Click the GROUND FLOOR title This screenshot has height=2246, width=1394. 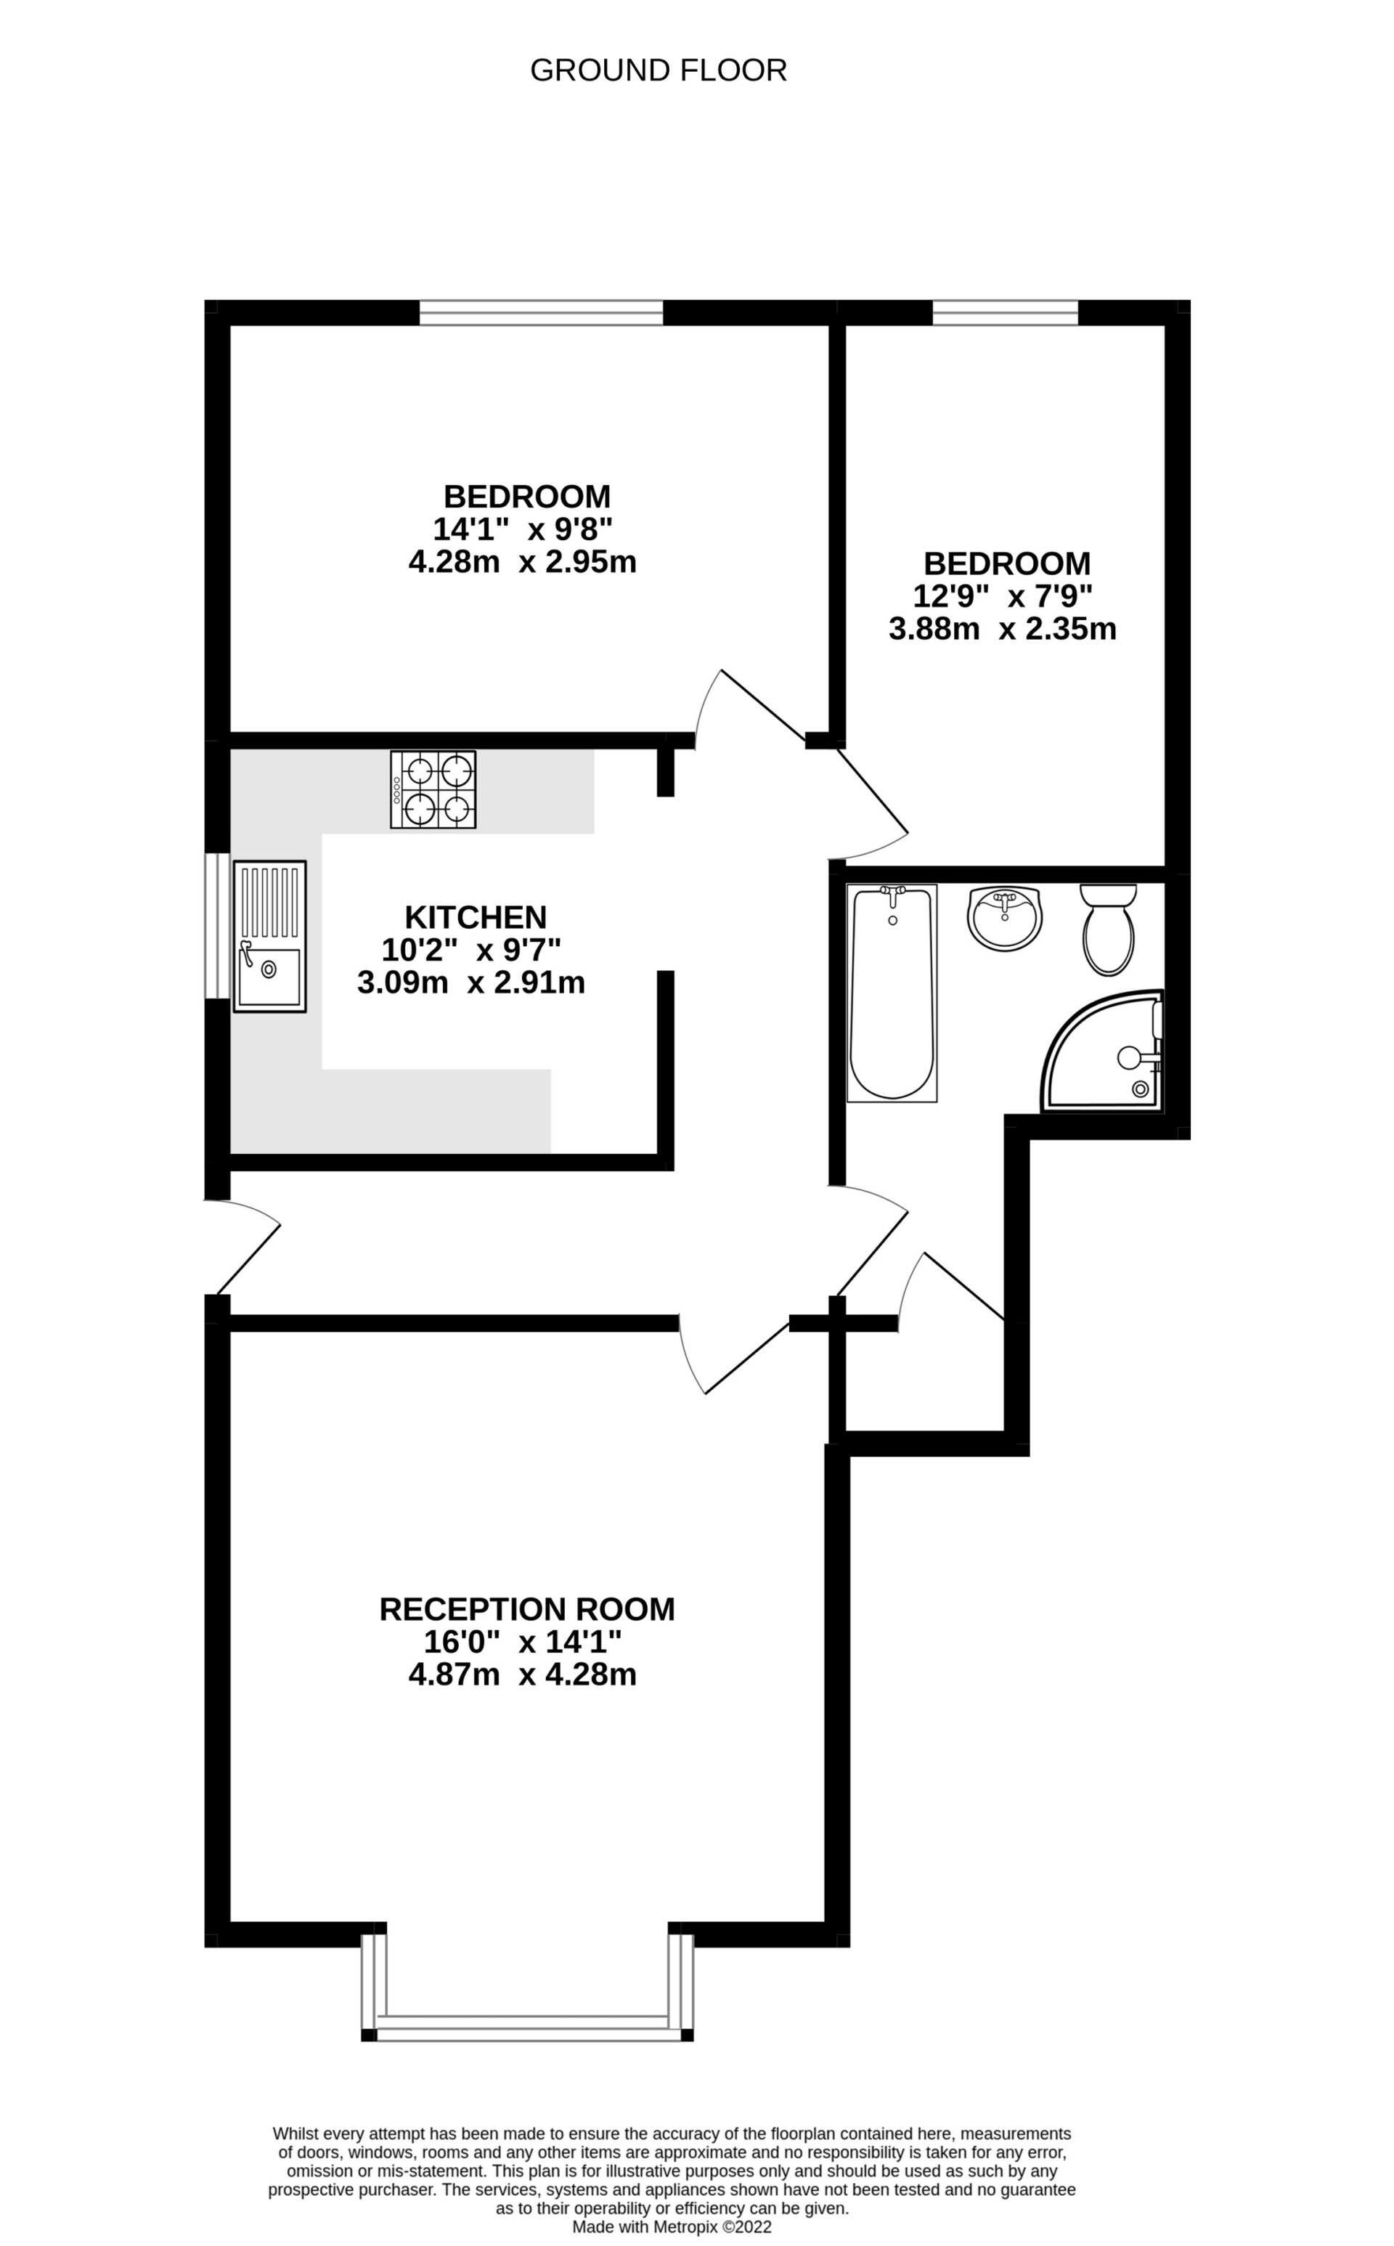pos(659,71)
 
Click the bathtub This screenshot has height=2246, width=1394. pos(892,993)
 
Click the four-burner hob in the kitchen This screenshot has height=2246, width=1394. pos(433,789)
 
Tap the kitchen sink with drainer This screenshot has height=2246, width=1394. pos(269,937)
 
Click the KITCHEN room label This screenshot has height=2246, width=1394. pos(476,917)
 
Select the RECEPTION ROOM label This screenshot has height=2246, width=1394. pos(526,1609)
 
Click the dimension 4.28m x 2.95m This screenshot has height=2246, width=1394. pos(523,561)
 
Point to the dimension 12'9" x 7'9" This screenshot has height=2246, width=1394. pos(1003,596)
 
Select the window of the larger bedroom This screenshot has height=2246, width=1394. pos(541,312)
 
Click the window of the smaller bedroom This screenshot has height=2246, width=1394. pos(1005,312)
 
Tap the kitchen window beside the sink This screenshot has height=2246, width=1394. pos(216,925)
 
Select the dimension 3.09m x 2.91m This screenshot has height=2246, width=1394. pos(471,983)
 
